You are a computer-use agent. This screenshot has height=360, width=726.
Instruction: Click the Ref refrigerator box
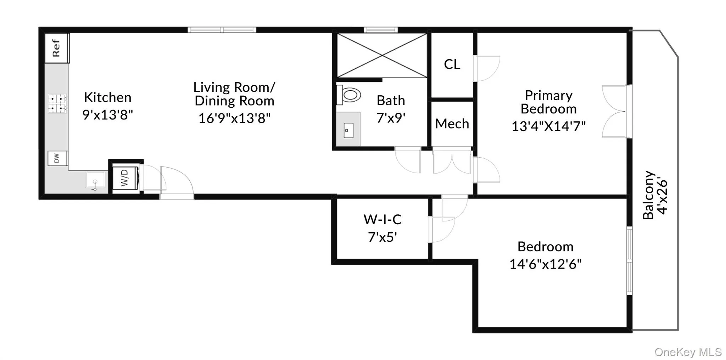pos(57,48)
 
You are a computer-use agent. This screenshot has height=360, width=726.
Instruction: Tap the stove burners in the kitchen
pos(57,103)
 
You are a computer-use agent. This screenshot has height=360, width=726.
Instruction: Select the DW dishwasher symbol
pos(57,158)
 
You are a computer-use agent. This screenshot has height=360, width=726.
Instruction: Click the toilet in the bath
pos(350,95)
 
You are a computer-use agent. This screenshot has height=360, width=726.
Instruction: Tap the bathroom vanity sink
pos(348,130)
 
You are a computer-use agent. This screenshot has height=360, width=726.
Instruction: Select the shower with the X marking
pos(382,56)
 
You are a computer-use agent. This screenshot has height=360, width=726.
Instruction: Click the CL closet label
pos(452,64)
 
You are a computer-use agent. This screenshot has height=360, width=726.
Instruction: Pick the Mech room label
pos(452,124)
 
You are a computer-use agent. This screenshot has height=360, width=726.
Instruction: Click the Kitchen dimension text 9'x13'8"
pos(107,115)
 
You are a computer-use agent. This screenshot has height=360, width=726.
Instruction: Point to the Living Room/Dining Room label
pos(234,94)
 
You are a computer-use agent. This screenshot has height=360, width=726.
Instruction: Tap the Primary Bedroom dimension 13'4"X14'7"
pos(548,126)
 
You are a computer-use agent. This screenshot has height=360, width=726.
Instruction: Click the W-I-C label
pos(382,220)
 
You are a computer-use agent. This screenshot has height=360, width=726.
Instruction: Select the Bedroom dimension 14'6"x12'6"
pos(545,264)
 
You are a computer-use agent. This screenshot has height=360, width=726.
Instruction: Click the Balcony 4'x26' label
pos(655,195)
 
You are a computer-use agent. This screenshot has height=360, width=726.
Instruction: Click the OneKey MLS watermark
pos(688,352)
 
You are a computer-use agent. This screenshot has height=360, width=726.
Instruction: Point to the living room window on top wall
pos(222,30)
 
